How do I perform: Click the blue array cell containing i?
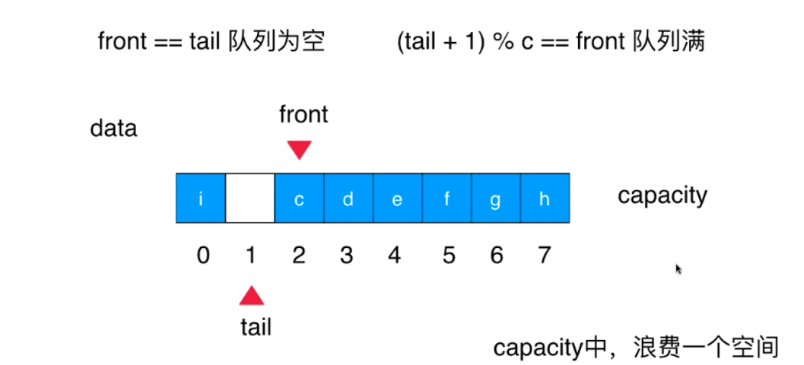coord(201,198)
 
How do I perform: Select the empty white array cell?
coord(250,198)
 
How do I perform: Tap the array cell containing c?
coord(299,198)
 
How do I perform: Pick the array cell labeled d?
coord(348,198)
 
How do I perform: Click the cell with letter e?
coord(397,198)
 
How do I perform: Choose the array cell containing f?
coord(446,198)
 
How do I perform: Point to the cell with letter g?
coord(496,198)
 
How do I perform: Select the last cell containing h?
coord(545,198)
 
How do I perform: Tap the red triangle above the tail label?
coord(251,295)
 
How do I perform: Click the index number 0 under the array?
coord(202,255)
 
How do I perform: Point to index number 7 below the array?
coord(543,255)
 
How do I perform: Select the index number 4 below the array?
coord(394,255)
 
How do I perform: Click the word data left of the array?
coord(113,128)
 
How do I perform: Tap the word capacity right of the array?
coord(662,195)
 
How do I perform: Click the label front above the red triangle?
coord(303,115)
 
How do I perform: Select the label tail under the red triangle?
coord(256,327)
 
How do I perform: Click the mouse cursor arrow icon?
coord(678,268)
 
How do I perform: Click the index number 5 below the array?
coord(448,255)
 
